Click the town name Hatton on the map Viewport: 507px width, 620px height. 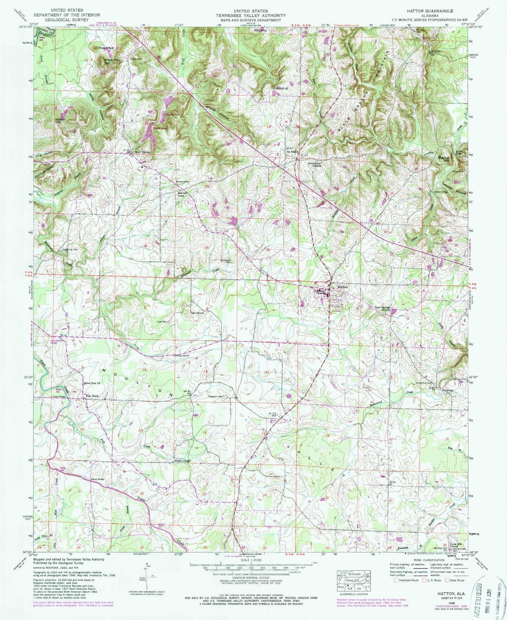click(x=342, y=287)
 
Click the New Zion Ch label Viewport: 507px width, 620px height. click(x=93, y=383)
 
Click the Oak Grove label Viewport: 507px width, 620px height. click(x=197, y=313)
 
